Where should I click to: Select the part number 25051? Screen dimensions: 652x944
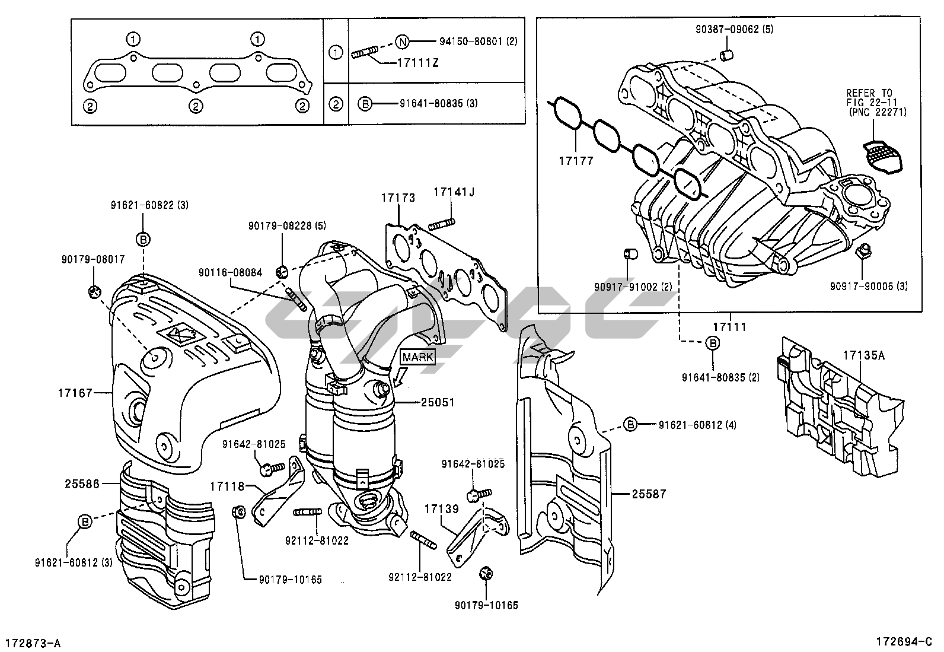(438, 402)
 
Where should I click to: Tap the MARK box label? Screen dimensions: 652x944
(418, 357)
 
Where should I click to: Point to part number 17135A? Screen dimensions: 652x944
(864, 355)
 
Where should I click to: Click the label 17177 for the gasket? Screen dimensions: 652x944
(575, 160)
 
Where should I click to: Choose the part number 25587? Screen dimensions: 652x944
(649, 493)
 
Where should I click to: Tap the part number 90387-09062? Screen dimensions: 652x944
(726, 29)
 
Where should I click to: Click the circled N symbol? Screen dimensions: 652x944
(403, 42)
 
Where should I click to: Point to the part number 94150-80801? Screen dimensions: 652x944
(472, 42)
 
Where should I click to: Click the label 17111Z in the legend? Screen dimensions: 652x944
(419, 63)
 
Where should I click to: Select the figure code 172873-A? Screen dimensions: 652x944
(33, 643)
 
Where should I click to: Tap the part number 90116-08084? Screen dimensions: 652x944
(231, 272)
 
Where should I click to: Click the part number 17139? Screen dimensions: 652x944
(441, 508)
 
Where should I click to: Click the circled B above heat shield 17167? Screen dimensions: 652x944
(143, 239)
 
